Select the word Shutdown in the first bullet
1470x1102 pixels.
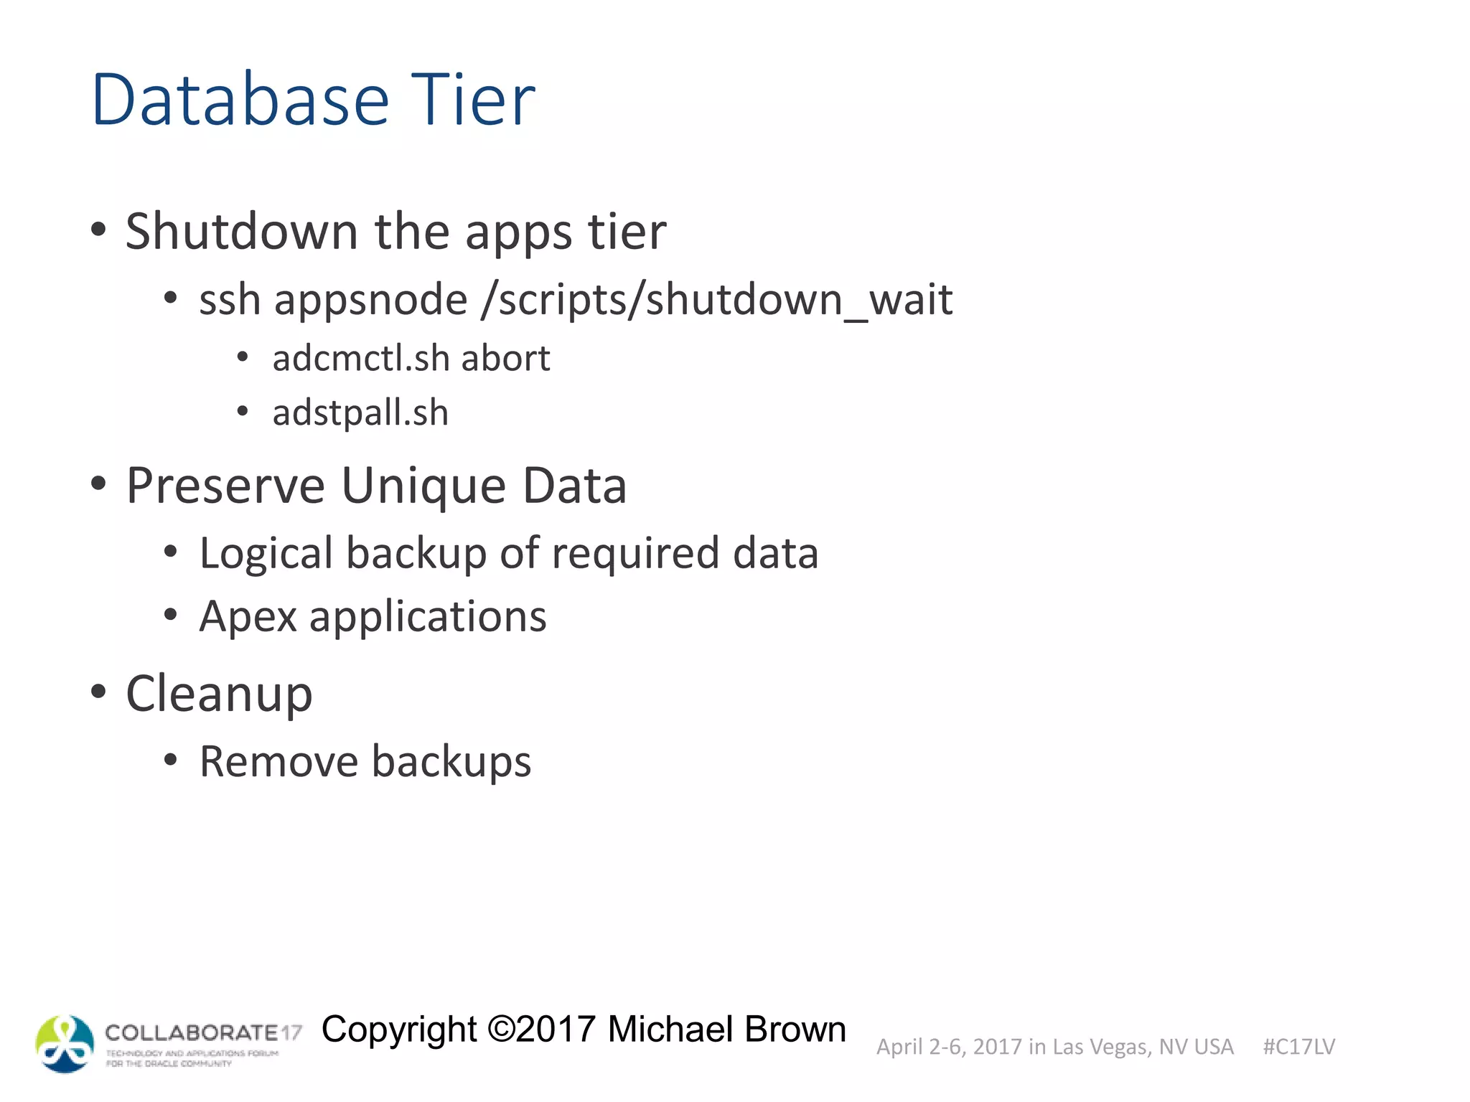[241, 232]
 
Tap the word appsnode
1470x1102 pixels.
[371, 300]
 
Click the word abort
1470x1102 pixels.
[505, 358]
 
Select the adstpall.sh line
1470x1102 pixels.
[360, 413]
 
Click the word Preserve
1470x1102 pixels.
[225, 486]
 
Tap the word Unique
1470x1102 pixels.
[423, 486]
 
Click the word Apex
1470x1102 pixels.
[248, 617]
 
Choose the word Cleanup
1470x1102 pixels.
[219, 694]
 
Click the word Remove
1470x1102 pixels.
[278, 761]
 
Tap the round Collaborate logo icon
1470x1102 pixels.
[65, 1044]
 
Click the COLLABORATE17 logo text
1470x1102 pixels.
[203, 1033]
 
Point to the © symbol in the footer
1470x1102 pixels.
[501, 1030]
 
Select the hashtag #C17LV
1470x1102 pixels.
[1298, 1047]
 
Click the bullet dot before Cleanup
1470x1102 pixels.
[98, 692]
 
